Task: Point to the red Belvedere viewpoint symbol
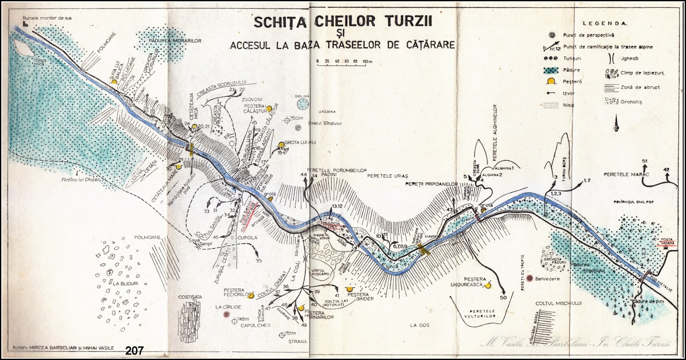[531, 278]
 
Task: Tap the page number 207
[134, 351]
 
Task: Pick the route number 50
[503, 298]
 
